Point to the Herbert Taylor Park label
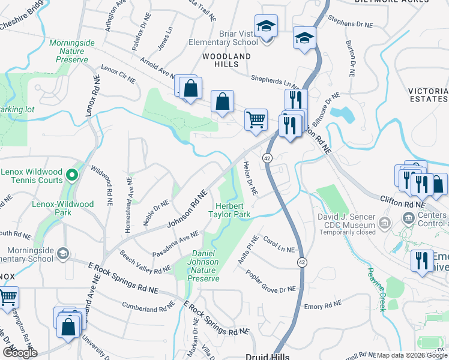tap(229, 209)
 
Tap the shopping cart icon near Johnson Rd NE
tap(256, 119)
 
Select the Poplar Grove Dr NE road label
tap(271, 281)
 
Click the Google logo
tap(19, 352)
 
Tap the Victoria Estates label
tap(428, 94)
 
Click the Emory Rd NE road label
tap(322, 307)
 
